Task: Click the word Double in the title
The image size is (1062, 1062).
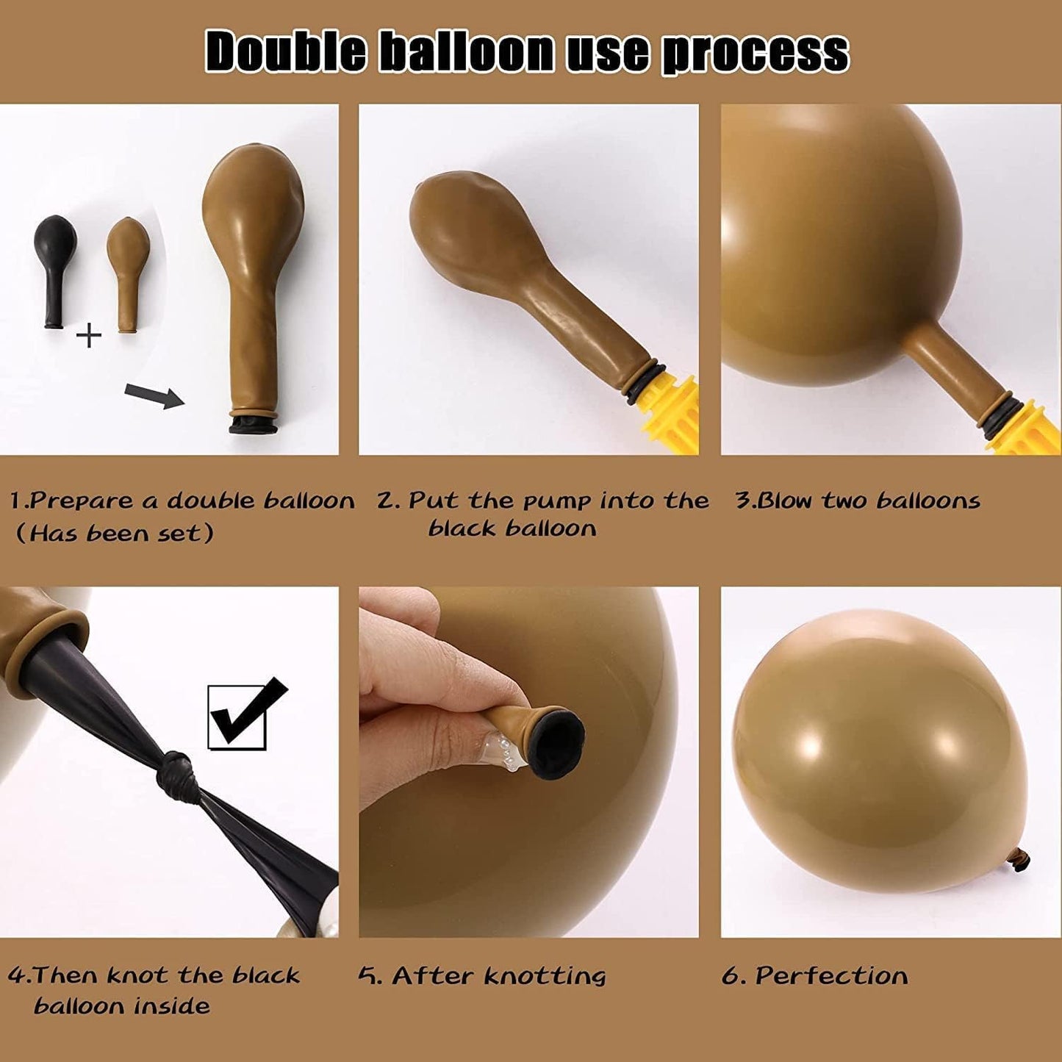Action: click(285, 52)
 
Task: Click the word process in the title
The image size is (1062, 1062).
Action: click(755, 54)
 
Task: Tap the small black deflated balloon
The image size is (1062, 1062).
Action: click(55, 271)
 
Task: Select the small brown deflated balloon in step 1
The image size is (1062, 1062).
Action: click(128, 274)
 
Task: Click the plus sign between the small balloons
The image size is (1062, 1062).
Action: click(89, 335)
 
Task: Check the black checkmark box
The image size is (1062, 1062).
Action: click(237, 717)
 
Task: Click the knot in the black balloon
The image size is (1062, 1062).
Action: click(175, 775)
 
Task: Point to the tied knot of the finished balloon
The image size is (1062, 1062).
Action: click(1019, 858)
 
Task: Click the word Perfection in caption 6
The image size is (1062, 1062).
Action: click(832, 975)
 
